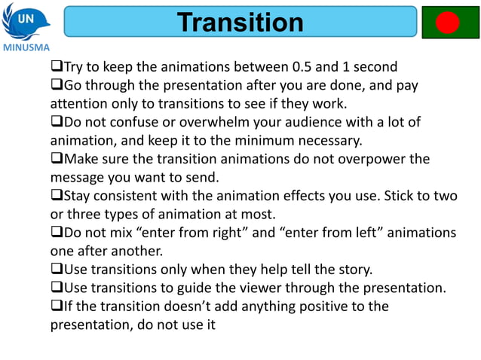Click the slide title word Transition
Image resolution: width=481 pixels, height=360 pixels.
(240, 22)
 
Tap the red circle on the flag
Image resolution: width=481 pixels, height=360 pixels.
(448, 23)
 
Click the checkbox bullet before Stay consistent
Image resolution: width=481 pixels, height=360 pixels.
(56, 196)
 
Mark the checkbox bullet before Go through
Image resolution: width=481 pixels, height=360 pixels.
(56, 85)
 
